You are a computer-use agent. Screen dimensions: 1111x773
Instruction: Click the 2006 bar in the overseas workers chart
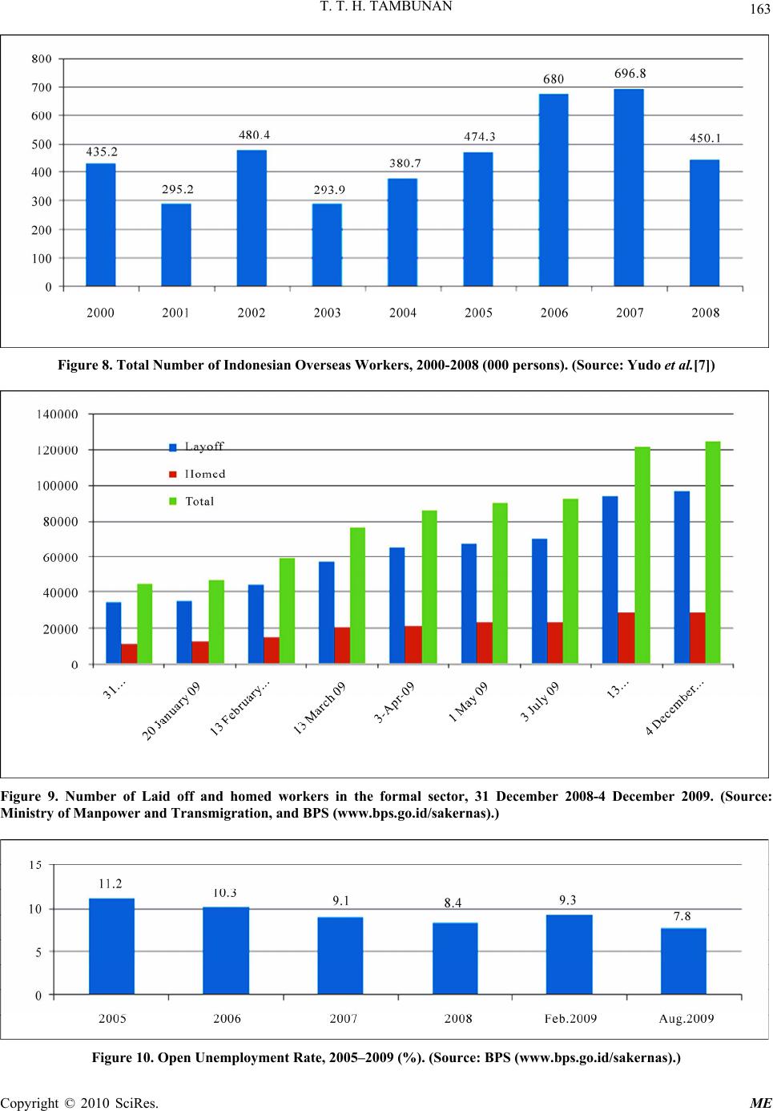coord(554,190)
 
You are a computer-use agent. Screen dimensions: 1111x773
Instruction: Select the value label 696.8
coord(630,74)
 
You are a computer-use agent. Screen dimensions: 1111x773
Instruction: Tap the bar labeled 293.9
coord(327,244)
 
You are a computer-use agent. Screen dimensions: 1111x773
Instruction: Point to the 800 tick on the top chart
coord(42,59)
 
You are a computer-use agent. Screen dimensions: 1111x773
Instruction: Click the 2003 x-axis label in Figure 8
coord(327,313)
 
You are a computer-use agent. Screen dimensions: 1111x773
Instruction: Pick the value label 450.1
coord(705,138)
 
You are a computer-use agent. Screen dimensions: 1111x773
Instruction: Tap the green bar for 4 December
coord(712,552)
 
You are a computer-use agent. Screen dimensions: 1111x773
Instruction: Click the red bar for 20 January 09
coord(200,652)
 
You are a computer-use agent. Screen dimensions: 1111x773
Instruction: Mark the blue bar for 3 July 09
coord(540,601)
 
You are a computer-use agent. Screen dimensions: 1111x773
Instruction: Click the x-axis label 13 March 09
coord(320,709)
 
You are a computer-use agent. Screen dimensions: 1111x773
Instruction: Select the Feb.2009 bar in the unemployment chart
coord(570,954)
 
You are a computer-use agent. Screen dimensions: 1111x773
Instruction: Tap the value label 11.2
coord(111,883)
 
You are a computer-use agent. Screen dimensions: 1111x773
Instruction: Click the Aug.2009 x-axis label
coord(686,1019)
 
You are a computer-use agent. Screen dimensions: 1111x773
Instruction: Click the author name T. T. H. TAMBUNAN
coord(386,6)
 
